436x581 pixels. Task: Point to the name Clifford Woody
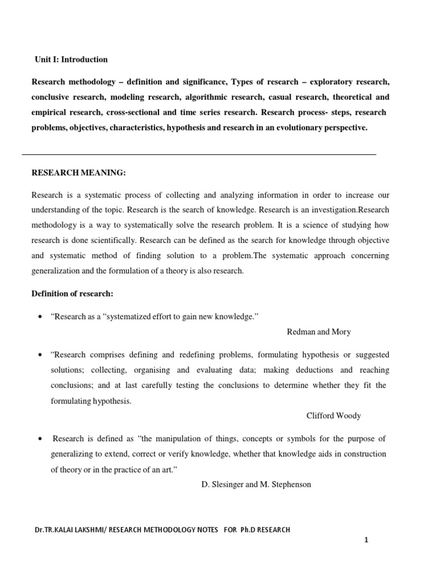pyautogui.click(x=333, y=416)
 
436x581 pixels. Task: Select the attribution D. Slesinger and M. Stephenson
pyautogui.click(x=256, y=485)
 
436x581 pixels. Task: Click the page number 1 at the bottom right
pyautogui.click(x=367, y=541)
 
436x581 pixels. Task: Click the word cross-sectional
pyautogui.click(x=135, y=113)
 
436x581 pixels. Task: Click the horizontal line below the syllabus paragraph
pyautogui.click(x=199, y=154)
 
